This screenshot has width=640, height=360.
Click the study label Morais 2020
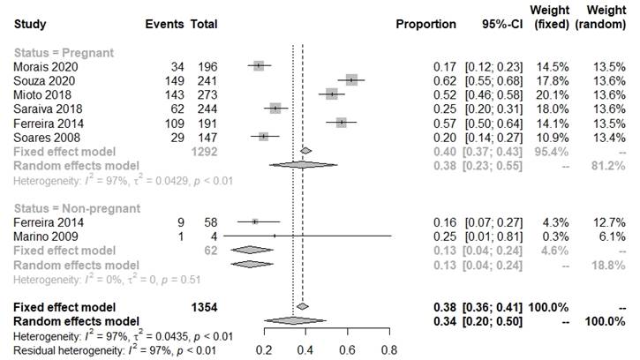(41, 66)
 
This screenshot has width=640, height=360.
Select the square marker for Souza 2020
(352, 80)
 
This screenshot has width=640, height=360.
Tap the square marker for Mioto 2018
(331, 94)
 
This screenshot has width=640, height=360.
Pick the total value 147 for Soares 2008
(204, 138)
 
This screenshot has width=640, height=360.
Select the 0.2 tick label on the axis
(264, 349)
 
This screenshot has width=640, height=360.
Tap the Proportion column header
(426, 24)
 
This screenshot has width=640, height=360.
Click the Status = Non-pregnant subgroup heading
(77, 208)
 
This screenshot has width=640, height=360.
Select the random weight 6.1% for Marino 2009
(612, 237)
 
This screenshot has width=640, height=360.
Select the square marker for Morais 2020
(258, 66)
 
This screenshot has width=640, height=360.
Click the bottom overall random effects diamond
(295, 320)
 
